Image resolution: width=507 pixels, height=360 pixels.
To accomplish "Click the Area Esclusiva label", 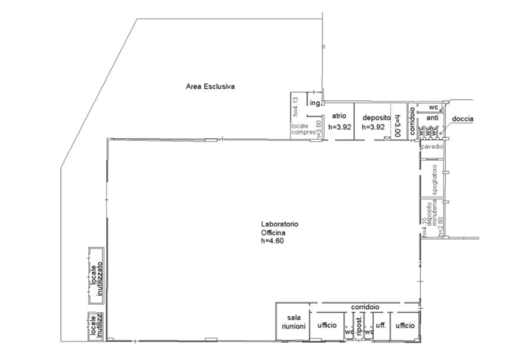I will (x=211, y=87).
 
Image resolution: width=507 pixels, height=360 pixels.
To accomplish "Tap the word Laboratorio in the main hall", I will (x=280, y=224).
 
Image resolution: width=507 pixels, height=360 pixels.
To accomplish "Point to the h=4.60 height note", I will (x=273, y=240).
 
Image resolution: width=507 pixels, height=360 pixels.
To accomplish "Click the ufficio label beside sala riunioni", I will (x=327, y=325).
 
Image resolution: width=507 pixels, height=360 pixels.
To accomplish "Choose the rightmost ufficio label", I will (x=405, y=325).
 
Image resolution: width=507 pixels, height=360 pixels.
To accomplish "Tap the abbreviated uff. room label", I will (x=381, y=325).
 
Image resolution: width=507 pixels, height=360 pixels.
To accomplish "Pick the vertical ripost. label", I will (x=359, y=327).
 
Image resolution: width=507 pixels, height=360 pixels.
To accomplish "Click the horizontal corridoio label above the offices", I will (x=365, y=307).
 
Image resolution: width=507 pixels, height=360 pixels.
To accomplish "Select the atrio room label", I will (x=339, y=116).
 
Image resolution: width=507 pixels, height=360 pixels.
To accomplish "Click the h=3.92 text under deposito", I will (x=373, y=127).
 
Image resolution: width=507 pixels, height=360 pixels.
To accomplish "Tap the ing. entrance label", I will (x=315, y=103).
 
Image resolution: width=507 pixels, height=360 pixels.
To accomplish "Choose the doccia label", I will (x=463, y=119).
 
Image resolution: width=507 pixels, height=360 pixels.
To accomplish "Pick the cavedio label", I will (x=432, y=146).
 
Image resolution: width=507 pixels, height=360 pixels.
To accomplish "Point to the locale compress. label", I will (x=304, y=129).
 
